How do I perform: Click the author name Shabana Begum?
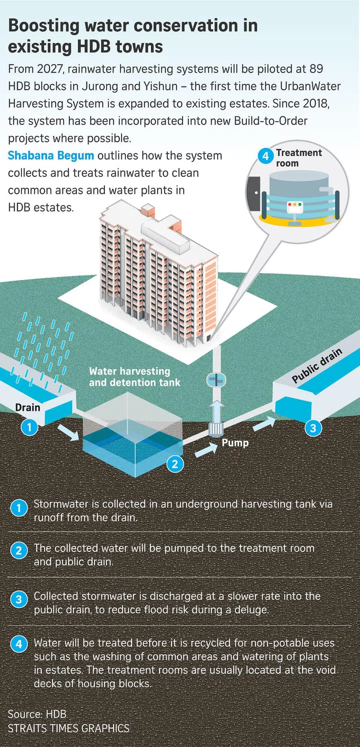click(x=50, y=155)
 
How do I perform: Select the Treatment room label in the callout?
click(x=298, y=158)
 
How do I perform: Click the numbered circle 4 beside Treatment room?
click(x=265, y=156)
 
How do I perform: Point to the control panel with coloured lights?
click(x=294, y=207)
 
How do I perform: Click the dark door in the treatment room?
click(x=254, y=193)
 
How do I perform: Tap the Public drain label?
click(x=317, y=365)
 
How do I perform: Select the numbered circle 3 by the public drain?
click(x=313, y=428)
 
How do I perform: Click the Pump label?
click(x=235, y=443)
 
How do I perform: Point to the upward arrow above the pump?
click(x=216, y=411)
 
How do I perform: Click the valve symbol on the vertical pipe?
click(x=216, y=380)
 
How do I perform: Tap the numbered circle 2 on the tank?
click(x=175, y=464)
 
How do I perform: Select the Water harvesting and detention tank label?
click(x=134, y=377)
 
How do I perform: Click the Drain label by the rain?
click(x=27, y=407)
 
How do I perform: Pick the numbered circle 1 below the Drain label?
click(x=29, y=427)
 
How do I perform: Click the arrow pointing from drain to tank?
click(x=68, y=432)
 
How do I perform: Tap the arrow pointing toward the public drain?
click(x=264, y=423)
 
